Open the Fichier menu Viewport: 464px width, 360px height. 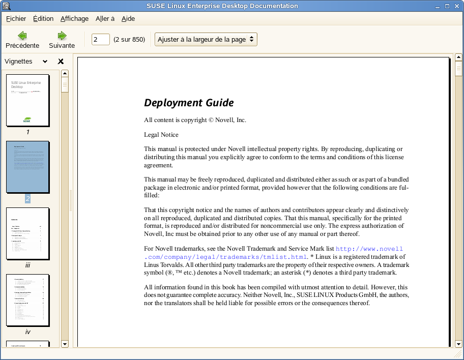(x=16, y=19)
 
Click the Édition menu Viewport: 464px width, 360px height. (x=43, y=19)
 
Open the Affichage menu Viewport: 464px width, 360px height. (x=74, y=19)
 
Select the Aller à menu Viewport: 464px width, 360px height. (x=105, y=19)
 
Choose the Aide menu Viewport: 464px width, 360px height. (x=128, y=19)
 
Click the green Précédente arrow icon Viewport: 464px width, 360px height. (x=22, y=36)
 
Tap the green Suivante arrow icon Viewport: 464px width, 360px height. (x=62, y=36)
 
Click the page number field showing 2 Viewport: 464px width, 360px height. (x=100, y=39)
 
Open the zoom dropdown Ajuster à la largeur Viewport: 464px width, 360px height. (x=206, y=39)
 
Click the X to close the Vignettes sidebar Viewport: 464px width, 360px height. (x=61, y=62)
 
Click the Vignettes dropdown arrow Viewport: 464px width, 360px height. (x=45, y=62)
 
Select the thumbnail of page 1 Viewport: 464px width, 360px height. (x=27, y=100)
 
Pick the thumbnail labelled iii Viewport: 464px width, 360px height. (x=27, y=233)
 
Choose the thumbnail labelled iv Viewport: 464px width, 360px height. (x=27, y=300)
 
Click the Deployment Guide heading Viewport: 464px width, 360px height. (x=189, y=103)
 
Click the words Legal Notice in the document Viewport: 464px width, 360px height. (x=161, y=135)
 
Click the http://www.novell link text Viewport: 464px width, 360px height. (x=369, y=249)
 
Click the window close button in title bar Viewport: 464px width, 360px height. (x=456, y=6)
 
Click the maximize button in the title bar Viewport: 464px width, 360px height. (x=447, y=6)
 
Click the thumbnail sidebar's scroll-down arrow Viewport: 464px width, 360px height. (x=65, y=344)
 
